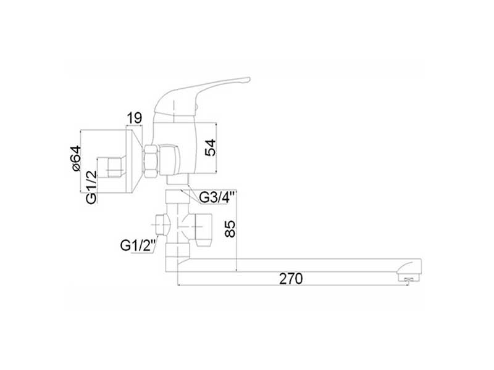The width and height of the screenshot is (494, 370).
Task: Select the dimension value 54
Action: click(x=211, y=147)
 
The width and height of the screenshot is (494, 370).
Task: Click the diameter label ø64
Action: click(x=75, y=158)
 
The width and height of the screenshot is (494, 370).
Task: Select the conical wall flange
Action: click(x=133, y=159)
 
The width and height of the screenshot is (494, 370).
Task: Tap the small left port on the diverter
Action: click(x=162, y=224)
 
